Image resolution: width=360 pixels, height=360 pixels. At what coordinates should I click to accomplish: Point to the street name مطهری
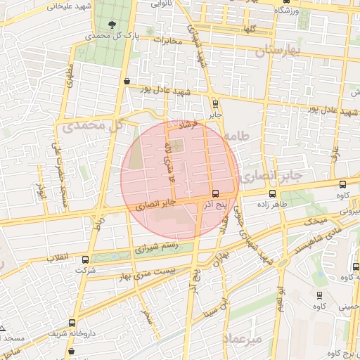(69, 76)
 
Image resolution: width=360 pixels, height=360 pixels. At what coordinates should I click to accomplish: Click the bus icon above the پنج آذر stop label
(215, 193)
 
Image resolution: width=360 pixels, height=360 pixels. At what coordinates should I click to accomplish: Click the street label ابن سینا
(214, 307)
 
